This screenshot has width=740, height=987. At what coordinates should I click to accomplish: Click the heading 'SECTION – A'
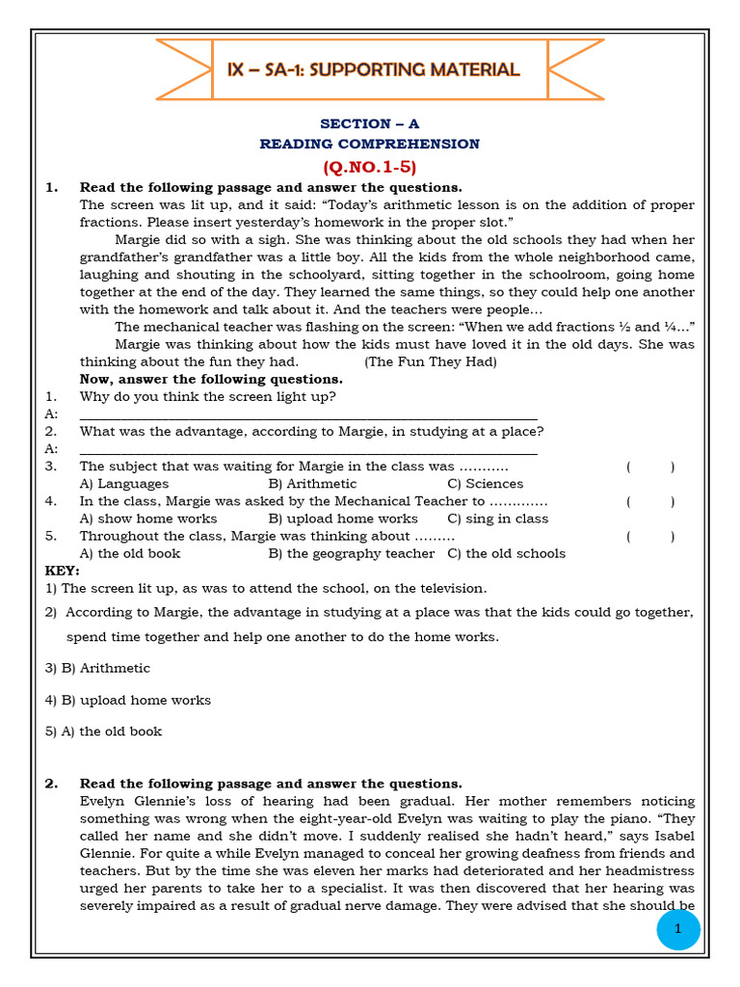pos(370,123)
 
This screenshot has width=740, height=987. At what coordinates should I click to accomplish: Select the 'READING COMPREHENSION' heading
pos(369,144)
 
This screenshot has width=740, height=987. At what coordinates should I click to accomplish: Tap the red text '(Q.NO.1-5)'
pos(370,166)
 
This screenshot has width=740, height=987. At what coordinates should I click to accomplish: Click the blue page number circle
pos(678,929)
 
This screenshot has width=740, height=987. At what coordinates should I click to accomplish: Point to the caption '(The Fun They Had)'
pos(431,361)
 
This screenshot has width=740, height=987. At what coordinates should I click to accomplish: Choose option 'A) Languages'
pos(124,484)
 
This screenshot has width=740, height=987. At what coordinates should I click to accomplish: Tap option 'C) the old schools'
pos(507,553)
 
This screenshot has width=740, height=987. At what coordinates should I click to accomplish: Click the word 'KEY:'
pos(63,571)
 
